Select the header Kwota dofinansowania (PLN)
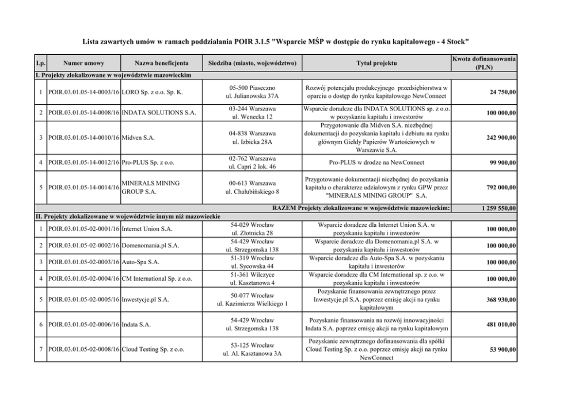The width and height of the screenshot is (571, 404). (483, 63)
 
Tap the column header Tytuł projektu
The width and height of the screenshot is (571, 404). (378, 63)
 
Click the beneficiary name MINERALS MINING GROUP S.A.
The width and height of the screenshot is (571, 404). (150, 187)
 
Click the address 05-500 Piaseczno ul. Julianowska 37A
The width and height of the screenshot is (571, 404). (251, 92)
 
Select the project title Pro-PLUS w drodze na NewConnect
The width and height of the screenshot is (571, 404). (378, 163)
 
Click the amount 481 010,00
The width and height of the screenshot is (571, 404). (498, 325)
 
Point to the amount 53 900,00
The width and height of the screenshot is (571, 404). (500, 349)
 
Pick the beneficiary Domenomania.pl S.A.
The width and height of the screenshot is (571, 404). (150, 246)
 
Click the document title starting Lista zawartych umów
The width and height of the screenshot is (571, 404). (276, 41)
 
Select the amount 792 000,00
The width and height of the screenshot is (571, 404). (498, 187)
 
